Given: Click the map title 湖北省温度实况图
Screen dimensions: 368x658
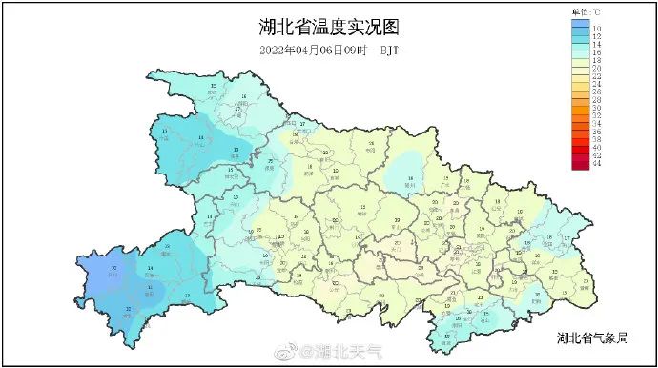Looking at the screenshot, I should click(328, 27).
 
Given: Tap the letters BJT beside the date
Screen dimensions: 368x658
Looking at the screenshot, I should click(391, 50).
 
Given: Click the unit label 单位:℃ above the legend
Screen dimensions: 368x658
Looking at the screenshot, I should click(586, 10).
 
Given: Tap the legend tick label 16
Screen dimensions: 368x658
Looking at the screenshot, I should click(596, 59).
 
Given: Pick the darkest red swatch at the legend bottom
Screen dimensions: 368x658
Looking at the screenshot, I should click(580, 164).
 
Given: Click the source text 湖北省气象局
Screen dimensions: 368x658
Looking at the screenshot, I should click(593, 338).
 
